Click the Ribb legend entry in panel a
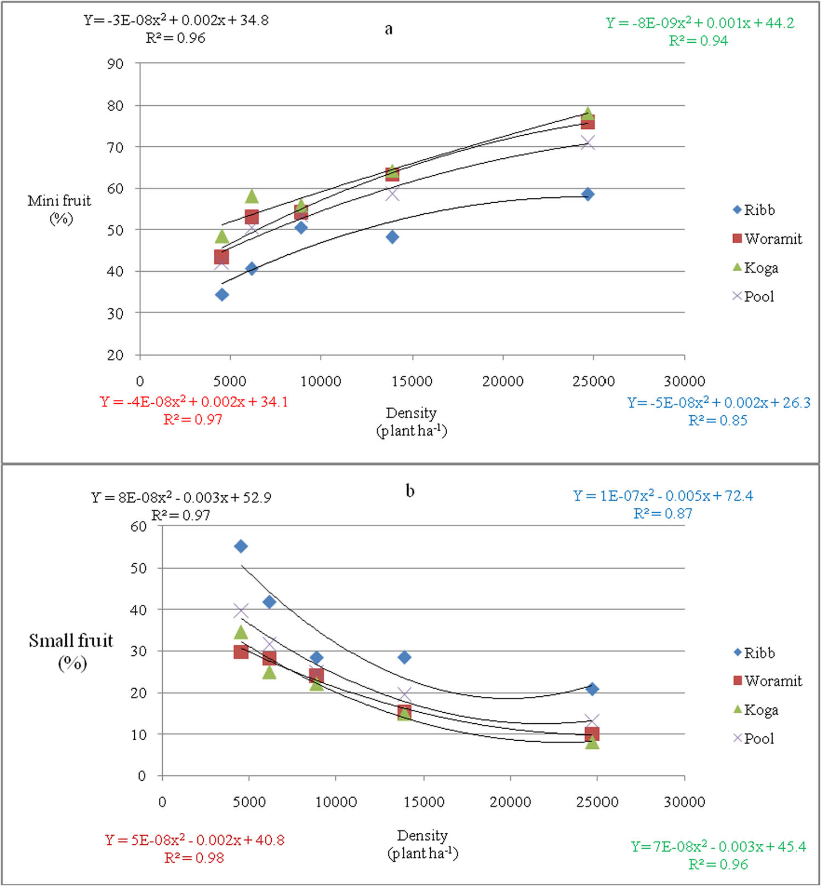(754, 210)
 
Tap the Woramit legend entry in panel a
(767, 239)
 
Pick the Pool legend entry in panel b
(754, 739)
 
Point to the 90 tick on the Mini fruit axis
(115, 64)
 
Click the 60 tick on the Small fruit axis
(139, 527)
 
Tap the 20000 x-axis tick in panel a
(503, 381)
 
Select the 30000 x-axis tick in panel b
(684, 802)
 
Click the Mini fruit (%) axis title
(60, 209)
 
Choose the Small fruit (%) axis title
(71, 651)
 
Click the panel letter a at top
(389, 29)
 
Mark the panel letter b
(410, 490)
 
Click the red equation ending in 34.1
(194, 402)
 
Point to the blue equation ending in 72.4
(663, 496)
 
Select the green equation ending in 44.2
(700, 23)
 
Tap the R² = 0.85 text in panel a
(718, 421)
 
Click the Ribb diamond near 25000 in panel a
(588, 194)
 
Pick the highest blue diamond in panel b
(241, 546)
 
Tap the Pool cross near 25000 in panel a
(588, 143)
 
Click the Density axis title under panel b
(423, 844)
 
